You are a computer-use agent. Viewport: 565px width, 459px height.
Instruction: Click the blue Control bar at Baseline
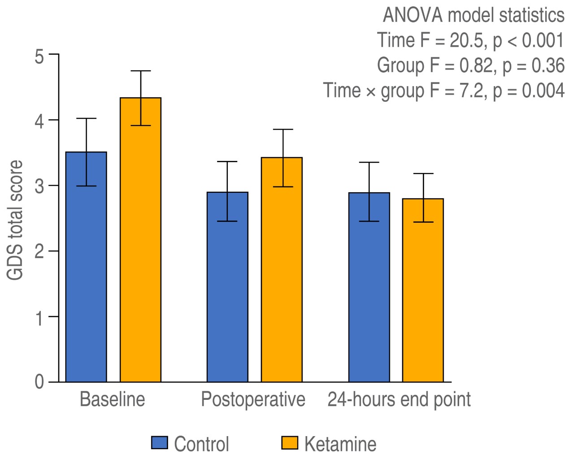[86, 269]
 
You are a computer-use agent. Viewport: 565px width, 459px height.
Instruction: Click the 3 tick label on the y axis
[39, 186]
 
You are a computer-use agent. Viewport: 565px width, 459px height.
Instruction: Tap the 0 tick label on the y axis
[39, 382]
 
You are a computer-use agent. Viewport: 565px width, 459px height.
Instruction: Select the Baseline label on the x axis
[112, 399]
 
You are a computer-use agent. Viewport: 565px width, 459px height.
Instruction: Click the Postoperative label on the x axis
[253, 399]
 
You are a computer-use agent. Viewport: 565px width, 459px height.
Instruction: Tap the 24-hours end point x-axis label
[399, 399]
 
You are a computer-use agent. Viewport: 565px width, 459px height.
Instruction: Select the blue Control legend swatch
[160, 443]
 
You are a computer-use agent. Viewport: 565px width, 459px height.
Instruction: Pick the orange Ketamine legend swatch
[290, 443]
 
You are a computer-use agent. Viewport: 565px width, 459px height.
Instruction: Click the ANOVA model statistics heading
[473, 15]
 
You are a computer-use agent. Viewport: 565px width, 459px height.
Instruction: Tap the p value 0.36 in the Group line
[548, 65]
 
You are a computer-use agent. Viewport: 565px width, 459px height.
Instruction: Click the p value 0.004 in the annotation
[543, 91]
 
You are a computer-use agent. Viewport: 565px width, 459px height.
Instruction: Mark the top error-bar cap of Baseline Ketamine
[140, 71]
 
